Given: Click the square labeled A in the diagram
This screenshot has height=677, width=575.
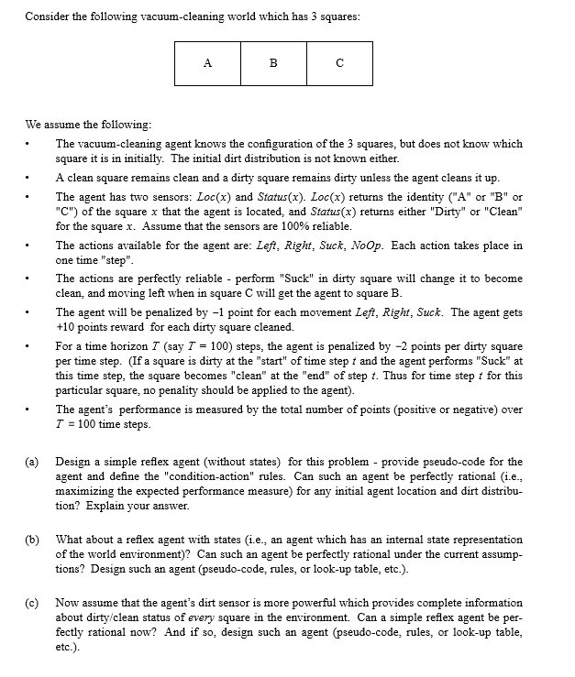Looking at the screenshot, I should pos(208,63).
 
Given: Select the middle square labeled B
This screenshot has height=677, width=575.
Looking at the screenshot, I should pos(273,63).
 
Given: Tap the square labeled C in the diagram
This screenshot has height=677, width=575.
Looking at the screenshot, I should pos(339,63).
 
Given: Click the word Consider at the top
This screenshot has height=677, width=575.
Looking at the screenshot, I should pos(46,16).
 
